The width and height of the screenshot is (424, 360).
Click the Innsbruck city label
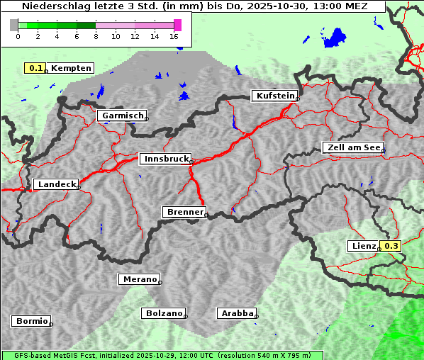pos(164,159)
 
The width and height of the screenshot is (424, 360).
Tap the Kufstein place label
pos(274,96)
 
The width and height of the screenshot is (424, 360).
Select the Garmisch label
pos(121,116)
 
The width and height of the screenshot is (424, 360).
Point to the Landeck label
pos(55,184)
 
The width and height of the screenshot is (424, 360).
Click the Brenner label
pos(184,212)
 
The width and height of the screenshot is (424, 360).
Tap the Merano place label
pos(138,279)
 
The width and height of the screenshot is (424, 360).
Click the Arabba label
pos(236,313)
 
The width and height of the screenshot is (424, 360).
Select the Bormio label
pos(31,321)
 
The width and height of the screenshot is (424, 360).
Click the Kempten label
pos(71,68)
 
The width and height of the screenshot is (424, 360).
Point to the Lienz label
pos(364,246)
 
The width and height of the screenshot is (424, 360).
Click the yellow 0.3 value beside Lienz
pos(391,246)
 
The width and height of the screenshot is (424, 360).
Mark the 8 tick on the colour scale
pos(96,36)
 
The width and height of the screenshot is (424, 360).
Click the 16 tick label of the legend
pos(174,36)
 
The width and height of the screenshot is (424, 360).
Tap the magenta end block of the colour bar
pos(177,25)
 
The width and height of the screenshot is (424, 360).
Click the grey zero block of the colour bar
pos(14,25)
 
